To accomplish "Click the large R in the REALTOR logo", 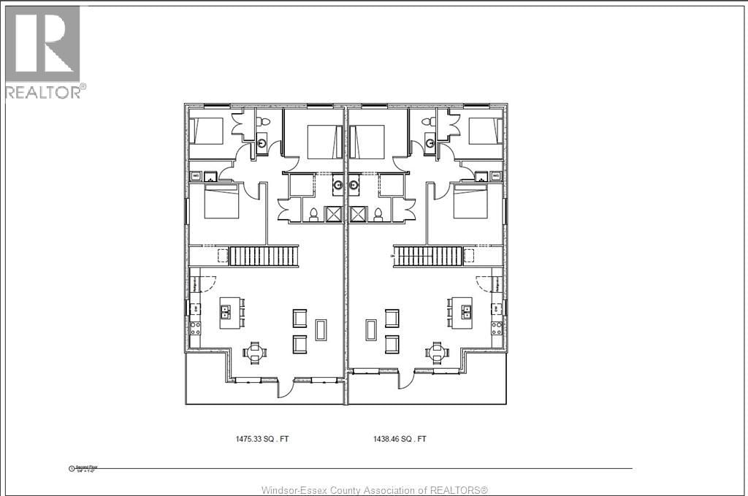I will pos(42,43).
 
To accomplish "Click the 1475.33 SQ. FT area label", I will pos(267,439).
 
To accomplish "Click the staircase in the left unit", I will pos(264,256).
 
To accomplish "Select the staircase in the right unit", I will pos(428,256).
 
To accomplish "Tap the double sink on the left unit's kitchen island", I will pos(226,313).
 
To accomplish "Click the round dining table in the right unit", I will pos(437,353).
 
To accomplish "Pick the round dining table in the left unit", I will pos(254,353).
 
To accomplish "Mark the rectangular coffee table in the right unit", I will pos(370,330).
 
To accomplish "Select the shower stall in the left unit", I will pos(334,214).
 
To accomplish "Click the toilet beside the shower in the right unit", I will pos(378,214).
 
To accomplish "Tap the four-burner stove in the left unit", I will pos(195,329).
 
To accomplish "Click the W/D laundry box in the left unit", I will pos(195,176).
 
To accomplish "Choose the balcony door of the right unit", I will pos(406,381).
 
